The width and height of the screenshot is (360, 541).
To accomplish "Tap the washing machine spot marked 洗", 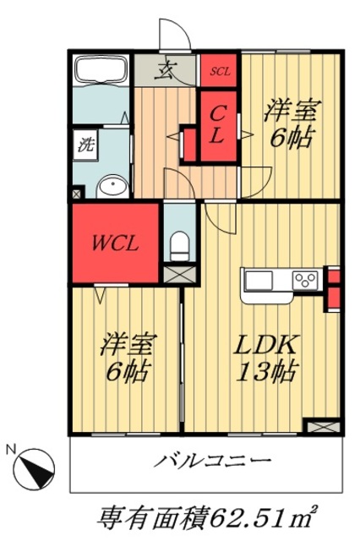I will click(x=87, y=143).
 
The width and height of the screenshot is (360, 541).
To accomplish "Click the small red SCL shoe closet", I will click(x=220, y=70).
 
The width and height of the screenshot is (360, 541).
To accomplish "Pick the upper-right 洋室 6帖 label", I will click(x=289, y=123).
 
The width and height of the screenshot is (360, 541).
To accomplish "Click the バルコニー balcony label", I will click(x=212, y=462).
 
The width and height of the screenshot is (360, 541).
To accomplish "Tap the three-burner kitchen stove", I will click(x=305, y=279).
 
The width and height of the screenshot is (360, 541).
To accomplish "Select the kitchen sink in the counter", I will click(x=259, y=279).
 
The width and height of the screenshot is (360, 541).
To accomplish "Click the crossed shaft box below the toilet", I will click(x=178, y=274).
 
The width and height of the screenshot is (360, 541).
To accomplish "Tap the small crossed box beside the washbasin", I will click(x=78, y=194).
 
